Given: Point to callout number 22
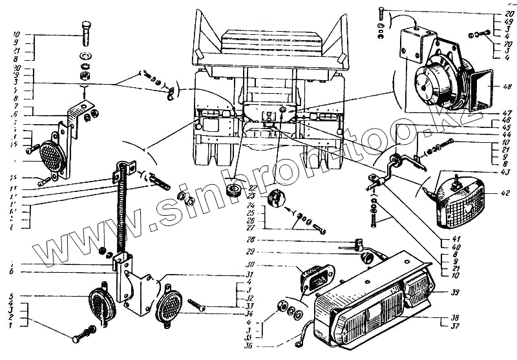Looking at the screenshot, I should [x=253, y=188].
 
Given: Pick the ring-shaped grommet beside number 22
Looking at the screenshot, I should [x=233, y=191].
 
